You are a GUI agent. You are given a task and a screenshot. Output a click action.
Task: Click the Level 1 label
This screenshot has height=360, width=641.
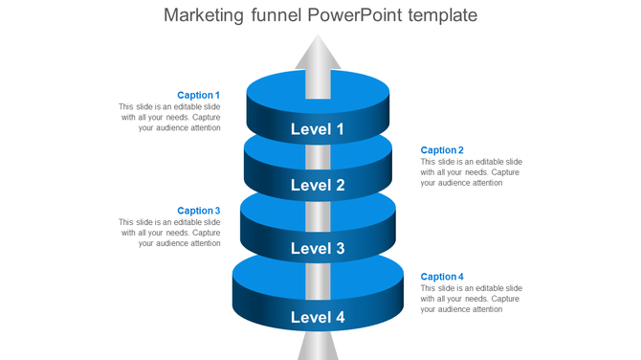pos(317,129)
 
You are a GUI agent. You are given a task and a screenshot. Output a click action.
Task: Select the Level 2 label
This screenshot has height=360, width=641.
pos(317,186)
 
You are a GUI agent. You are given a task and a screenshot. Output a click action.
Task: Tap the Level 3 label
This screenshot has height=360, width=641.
pos(317,249)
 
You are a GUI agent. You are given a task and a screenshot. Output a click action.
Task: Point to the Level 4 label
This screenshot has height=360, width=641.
pos(317,317)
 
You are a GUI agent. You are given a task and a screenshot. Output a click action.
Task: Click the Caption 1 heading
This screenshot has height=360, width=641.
pos(198,96)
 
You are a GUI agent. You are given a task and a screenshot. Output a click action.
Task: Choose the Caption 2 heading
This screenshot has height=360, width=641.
pos(442,150)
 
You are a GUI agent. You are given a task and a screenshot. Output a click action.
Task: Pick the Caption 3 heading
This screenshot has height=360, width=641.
pos(198,211)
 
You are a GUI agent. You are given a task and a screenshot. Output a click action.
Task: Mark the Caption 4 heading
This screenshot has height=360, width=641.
pos(442,277)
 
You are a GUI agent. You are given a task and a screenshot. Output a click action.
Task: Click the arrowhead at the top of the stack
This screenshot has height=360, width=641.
pos(317,52)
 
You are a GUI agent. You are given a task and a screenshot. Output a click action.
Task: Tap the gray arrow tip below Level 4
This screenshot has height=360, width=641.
pos(317,347)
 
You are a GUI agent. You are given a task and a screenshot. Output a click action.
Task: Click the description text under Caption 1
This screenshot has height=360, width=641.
pos(170,117)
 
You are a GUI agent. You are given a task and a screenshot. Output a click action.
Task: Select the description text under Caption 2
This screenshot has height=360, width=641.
pos(471,172)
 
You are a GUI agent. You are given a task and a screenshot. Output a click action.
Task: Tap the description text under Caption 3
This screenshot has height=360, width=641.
pos(170,233)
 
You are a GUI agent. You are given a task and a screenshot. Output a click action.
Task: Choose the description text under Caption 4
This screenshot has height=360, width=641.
pos(471,299)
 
